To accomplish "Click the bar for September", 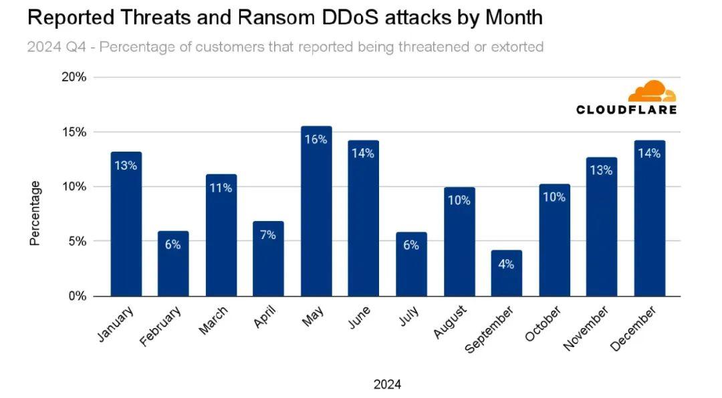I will click(x=506, y=273).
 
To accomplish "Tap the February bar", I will click(x=173, y=264).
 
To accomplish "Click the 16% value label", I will click(x=316, y=140).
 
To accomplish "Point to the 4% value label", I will click(x=506, y=264).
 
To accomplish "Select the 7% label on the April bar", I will click(x=268, y=235).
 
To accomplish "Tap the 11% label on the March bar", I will click(x=221, y=188).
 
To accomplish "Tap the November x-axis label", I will click(x=586, y=328).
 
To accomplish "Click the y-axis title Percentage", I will click(x=35, y=213).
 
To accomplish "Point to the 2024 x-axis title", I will click(x=387, y=384).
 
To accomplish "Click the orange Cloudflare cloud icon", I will click(x=652, y=91).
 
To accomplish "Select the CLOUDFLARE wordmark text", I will click(x=626, y=110).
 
